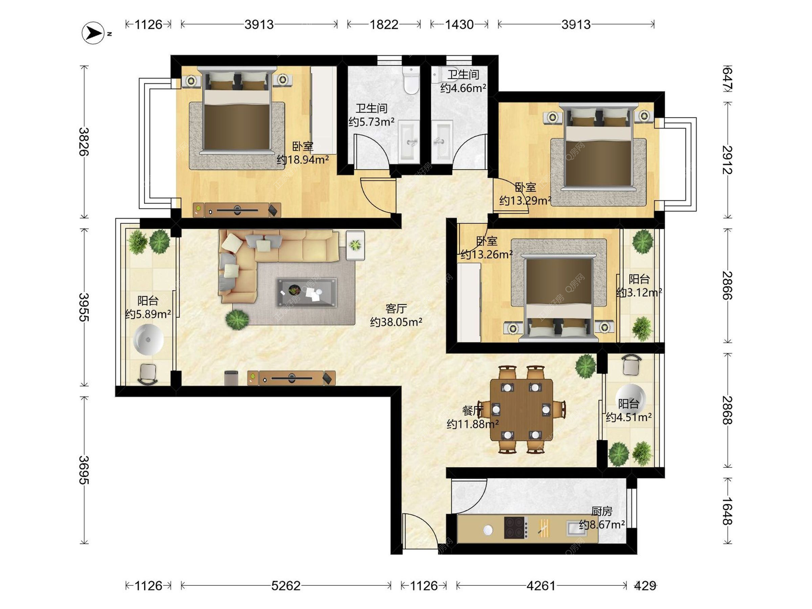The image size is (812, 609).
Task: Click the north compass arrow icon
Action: click(x=93, y=33)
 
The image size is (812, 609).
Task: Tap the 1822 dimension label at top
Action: click(x=384, y=25)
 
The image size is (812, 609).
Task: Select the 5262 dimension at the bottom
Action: click(x=286, y=586)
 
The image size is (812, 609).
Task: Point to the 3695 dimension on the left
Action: click(x=84, y=470)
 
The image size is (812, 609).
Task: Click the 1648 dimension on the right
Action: click(x=727, y=511)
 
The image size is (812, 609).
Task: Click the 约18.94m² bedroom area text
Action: click(x=303, y=160)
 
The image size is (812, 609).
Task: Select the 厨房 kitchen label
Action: click(x=602, y=511)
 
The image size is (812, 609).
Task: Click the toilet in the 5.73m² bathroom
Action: click(x=411, y=80)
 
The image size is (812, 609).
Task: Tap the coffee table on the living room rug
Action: click(x=307, y=292)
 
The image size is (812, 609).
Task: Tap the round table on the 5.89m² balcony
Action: click(x=148, y=339)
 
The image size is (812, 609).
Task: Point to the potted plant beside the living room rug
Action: click(x=237, y=319)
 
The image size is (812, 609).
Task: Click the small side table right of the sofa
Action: click(x=355, y=245)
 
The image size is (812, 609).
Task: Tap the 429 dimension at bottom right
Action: click(x=645, y=586)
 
